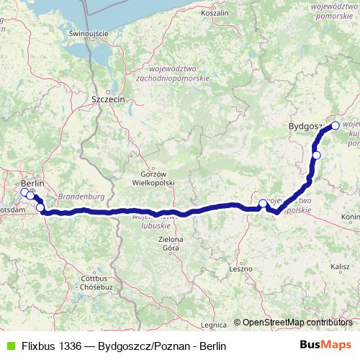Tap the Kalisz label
click(x=340, y=266)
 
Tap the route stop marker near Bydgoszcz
click(x=336, y=125)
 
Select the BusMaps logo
click(x=326, y=346)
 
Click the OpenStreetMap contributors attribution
click(x=296, y=322)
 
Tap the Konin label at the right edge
click(x=351, y=217)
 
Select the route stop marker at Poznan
click(x=264, y=204)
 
